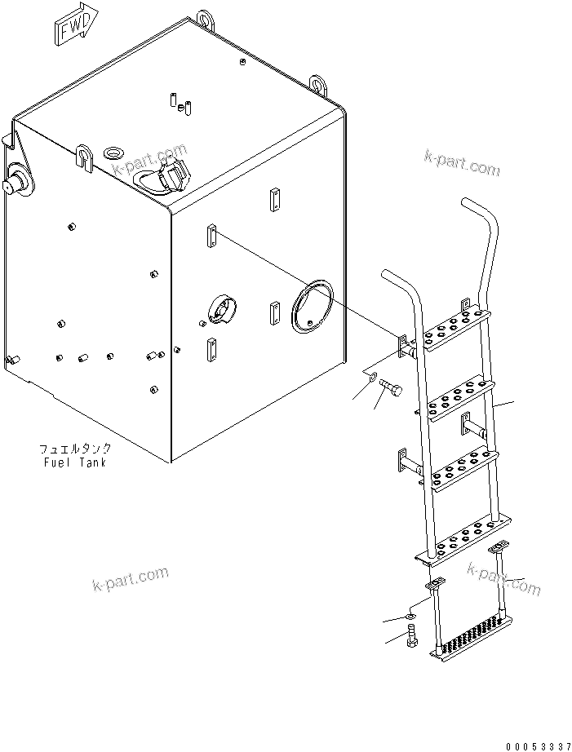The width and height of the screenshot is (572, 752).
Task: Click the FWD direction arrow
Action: click(x=75, y=29)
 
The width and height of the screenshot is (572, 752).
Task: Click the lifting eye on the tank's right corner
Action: click(x=319, y=84)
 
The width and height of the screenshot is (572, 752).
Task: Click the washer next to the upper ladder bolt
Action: click(x=370, y=378)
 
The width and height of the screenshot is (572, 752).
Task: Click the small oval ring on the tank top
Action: click(x=113, y=153)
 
